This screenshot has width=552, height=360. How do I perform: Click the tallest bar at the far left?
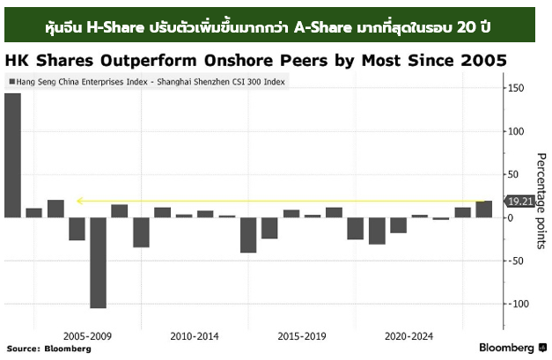12,155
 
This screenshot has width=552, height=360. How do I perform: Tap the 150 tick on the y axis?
517,88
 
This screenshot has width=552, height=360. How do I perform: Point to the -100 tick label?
519,304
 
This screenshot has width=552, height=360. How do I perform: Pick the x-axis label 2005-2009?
87,335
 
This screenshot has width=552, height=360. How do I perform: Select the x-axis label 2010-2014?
195,335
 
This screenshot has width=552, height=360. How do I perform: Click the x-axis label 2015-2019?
302,335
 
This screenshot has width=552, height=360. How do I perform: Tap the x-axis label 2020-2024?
409,335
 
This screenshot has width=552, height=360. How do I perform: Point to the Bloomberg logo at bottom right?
512,347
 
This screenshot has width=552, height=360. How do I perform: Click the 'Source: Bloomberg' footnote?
48,349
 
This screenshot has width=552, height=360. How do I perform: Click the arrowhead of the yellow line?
79,201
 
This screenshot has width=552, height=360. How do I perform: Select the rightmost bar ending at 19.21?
484,209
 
